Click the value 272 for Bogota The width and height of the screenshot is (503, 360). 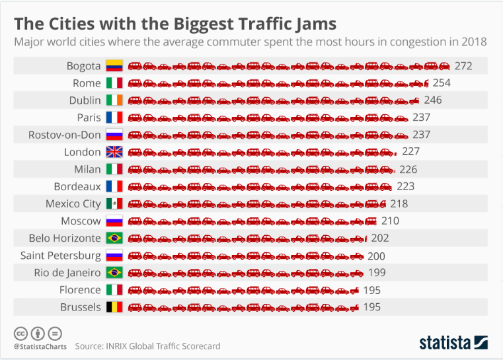tap(463, 66)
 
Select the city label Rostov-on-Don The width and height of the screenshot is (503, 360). tap(64, 135)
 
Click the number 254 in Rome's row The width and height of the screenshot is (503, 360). tap(441, 83)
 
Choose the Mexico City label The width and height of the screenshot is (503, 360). tap(73, 203)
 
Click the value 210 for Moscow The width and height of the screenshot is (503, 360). tap(390, 221)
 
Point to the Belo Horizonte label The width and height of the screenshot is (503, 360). tap(65, 238)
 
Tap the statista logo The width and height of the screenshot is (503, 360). tap(453, 342)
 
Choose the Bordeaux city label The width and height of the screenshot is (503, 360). tap(77, 186)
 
